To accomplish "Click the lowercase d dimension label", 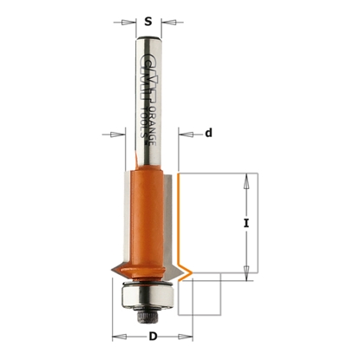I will click(208, 133).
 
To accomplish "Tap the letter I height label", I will click(246, 223).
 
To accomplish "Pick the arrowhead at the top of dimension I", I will click(247, 178).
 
